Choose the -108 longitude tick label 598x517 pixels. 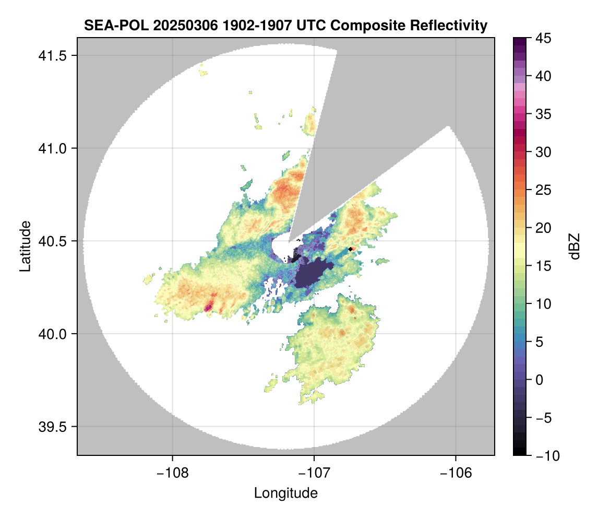click(172, 473)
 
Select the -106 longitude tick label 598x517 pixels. click(456, 473)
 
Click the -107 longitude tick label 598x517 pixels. click(314, 473)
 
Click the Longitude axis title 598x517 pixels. click(285, 492)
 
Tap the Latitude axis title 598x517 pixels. click(25, 245)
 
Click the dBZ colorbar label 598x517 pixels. click(575, 246)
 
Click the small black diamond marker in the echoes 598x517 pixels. click(351, 250)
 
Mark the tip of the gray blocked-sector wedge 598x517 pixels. click(289, 241)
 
